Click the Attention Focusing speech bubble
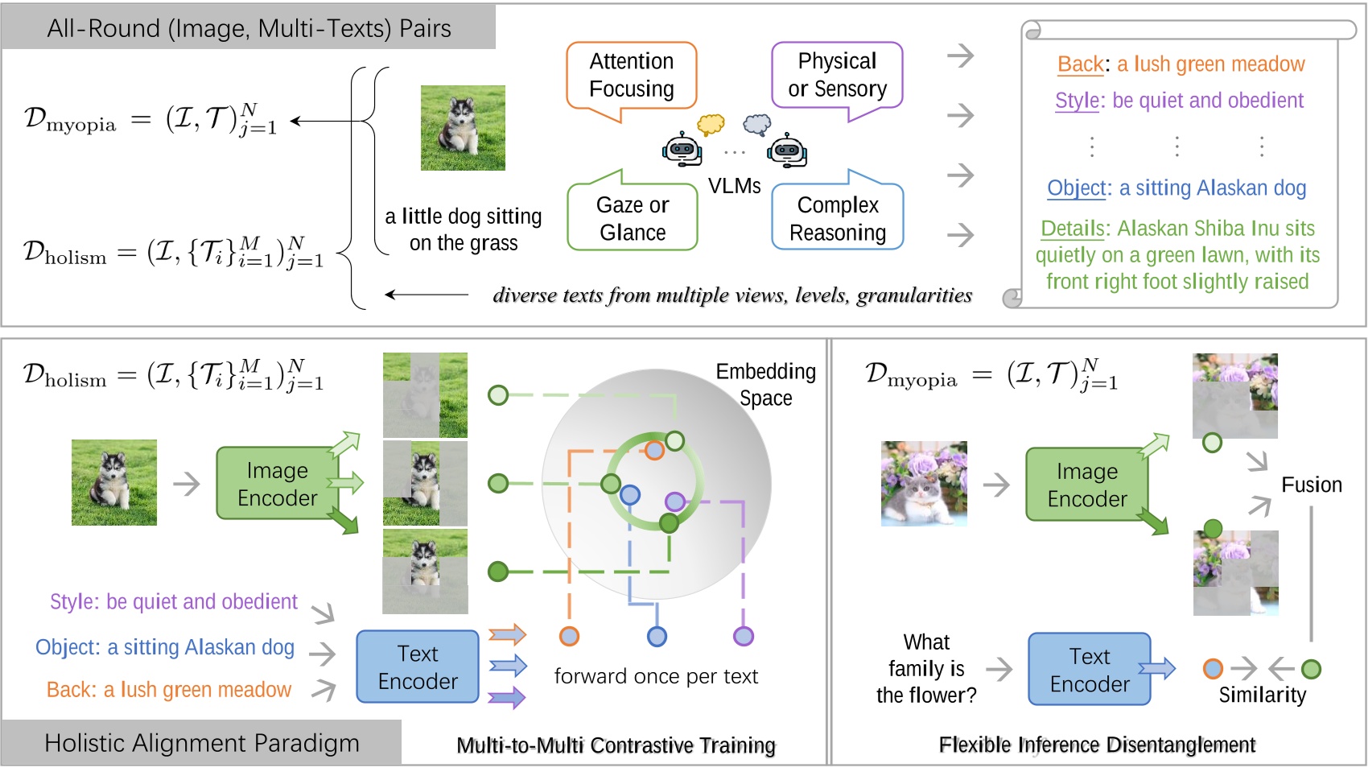coord(632,76)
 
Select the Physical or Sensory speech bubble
coord(837,76)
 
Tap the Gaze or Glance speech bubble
coord(632,215)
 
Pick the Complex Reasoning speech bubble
coord(837,215)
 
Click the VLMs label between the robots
coord(734,186)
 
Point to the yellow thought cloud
coord(711,124)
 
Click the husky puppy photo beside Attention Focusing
coord(463,128)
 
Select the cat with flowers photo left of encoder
coord(924,483)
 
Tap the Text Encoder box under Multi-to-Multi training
coord(418,667)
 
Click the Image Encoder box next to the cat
coord(1087,485)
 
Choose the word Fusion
coord(1311,485)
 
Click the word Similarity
coord(1263,695)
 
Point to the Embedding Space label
coord(766,384)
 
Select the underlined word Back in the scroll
coord(1081,64)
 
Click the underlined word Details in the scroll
coord(1073,228)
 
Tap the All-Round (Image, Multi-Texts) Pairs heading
coord(249,28)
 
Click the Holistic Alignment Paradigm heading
coord(201,743)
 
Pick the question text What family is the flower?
coord(926,668)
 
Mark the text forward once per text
coord(656,676)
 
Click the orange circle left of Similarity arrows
coord(1213,668)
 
